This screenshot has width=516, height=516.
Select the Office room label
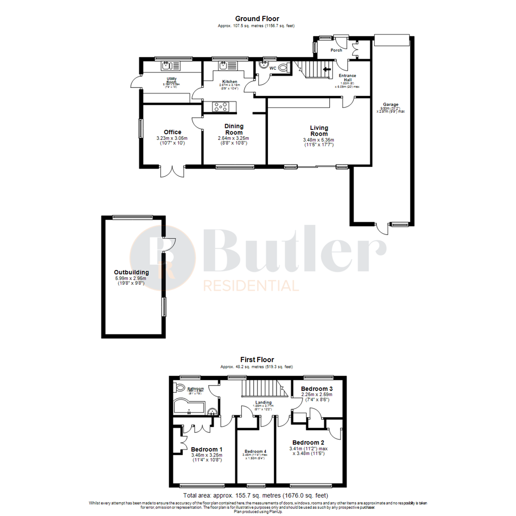(x=172, y=132)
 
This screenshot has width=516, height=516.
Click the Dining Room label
(x=234, y=129)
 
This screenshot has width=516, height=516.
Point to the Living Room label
(x=319, y=130)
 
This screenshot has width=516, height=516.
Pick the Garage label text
(x=390, y=105)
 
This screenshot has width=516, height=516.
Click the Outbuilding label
(x=131, y=273)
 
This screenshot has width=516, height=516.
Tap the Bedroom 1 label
(x=206, y=450)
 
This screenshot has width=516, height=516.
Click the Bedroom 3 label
(x=316, y=389)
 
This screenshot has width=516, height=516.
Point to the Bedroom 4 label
(x=255, y=451)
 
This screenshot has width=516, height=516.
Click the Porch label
(x=336, y=50)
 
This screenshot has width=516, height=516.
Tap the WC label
(x=273, y=68)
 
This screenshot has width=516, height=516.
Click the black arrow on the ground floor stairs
(x=327, y=69)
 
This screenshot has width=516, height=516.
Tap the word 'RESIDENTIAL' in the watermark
(x=251, y=286)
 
